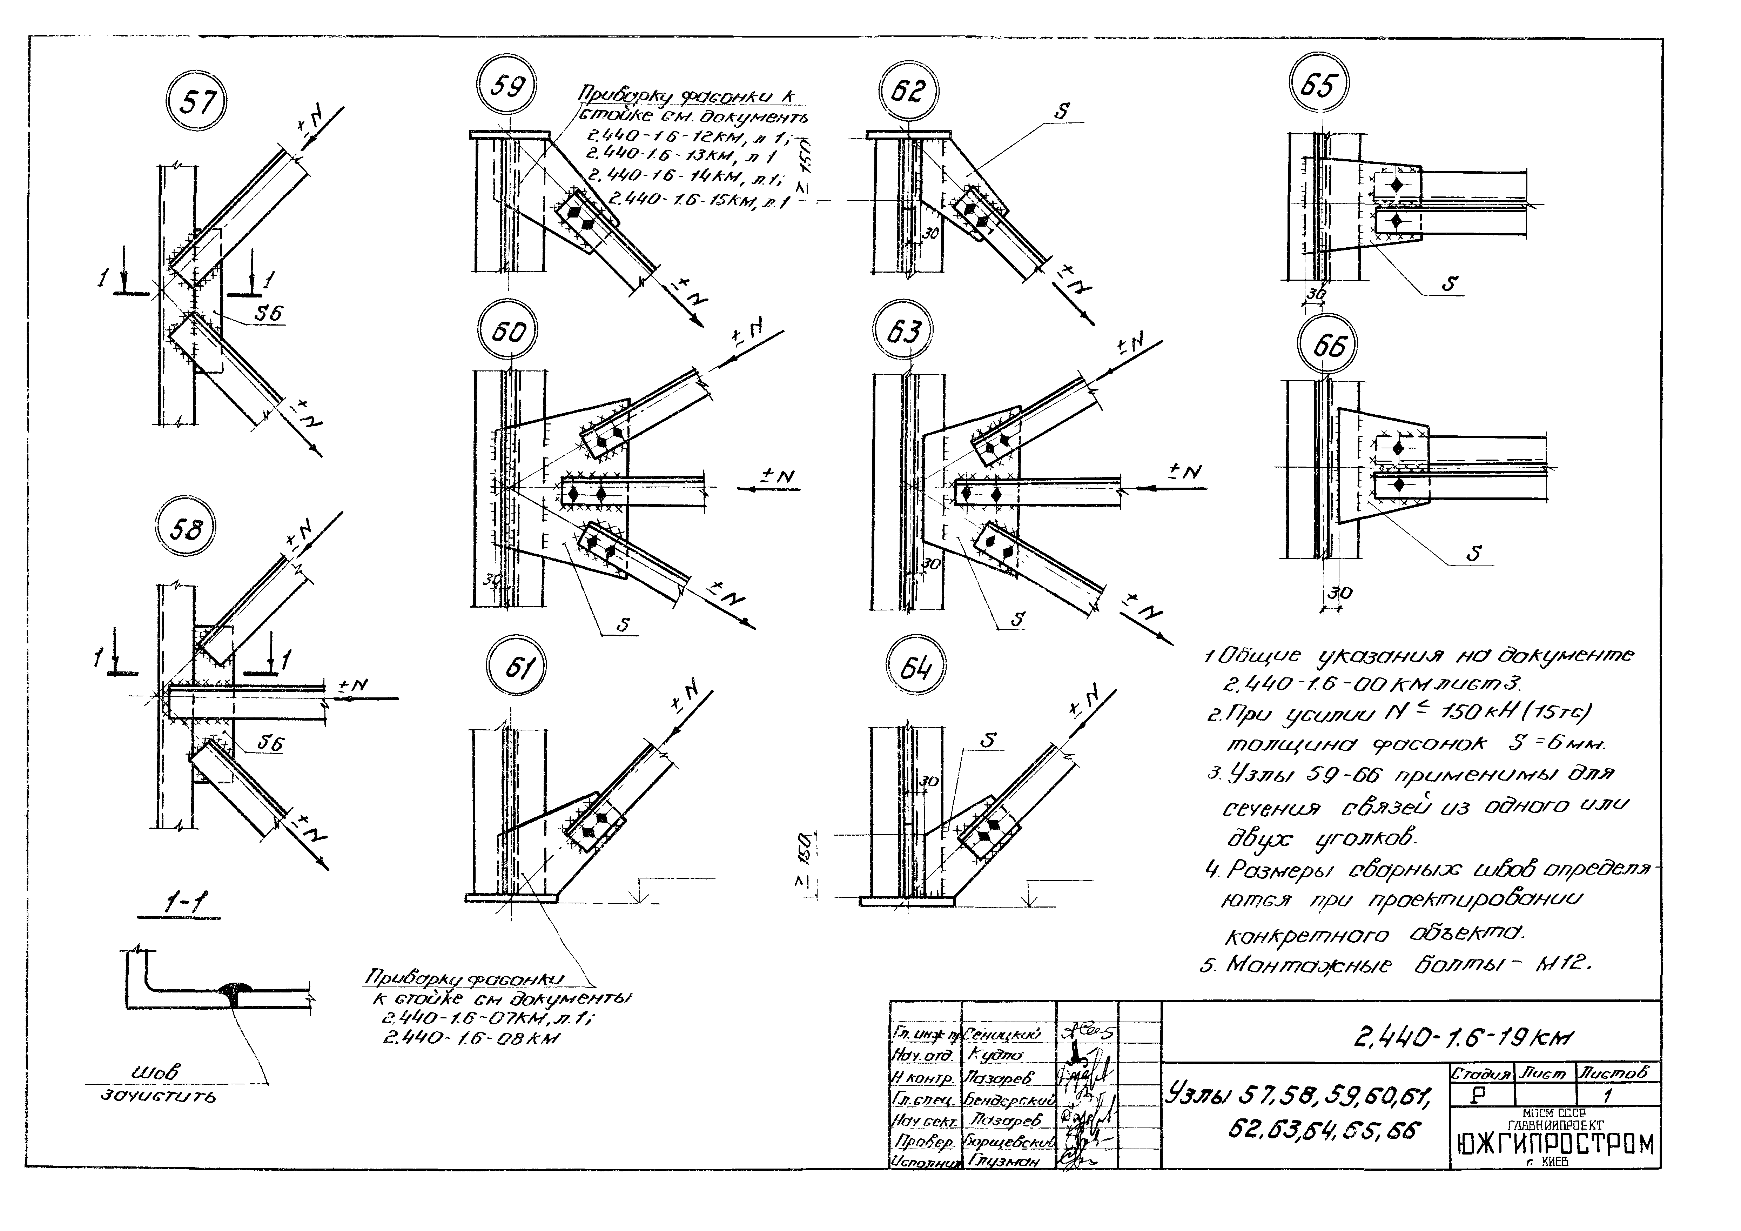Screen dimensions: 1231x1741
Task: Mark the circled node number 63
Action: click(904, 332)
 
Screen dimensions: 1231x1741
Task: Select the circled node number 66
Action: click(1329, 346)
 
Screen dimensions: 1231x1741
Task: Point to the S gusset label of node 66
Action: click(1473, 553)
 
